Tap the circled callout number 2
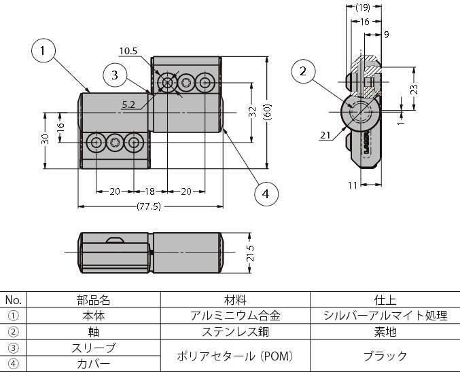point(303,71)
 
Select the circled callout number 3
point(115,74)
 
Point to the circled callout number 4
point(266,194)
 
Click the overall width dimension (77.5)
point(149,206)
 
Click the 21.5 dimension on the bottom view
point(250,253)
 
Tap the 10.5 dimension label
point(128,51)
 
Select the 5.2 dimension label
point(128,105)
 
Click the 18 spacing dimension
point(149,191)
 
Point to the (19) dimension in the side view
point(362,7)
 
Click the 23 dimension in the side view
point(414,89)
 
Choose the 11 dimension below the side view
point(352,184)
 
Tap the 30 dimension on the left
point(45,139)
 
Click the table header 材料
point(235,299)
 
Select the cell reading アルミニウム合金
point(235,316)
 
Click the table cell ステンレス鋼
point(235,332)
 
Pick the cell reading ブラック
point(385,356)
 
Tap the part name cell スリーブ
point(93,348)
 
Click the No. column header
point(13,299)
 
